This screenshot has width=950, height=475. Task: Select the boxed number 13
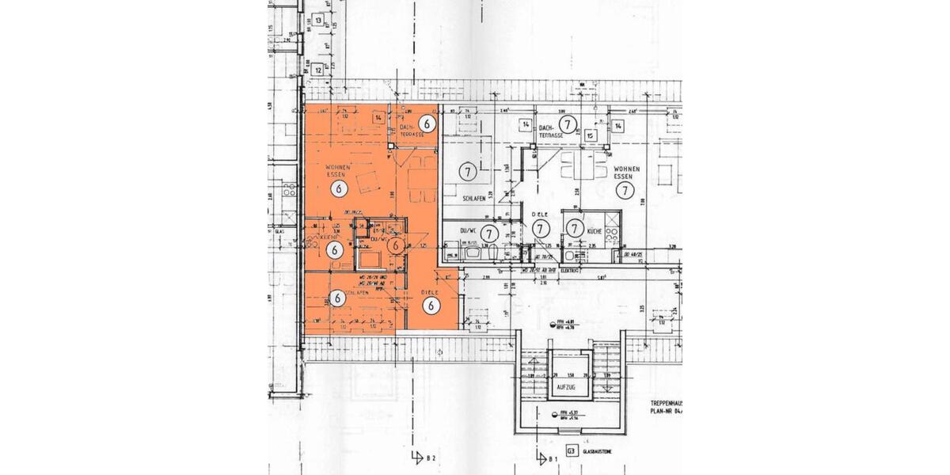click(318, 21)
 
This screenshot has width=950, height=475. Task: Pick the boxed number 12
click(318, 70)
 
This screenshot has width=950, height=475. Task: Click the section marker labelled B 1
click(545, 458)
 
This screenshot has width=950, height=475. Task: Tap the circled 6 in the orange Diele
click(431, 305)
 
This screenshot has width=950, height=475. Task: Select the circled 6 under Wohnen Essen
click(339, 188)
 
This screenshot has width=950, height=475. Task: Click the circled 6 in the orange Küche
click(334, 249)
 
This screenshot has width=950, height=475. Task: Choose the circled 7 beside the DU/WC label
click(490, 233)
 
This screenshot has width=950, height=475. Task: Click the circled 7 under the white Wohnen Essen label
click(625, 190)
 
